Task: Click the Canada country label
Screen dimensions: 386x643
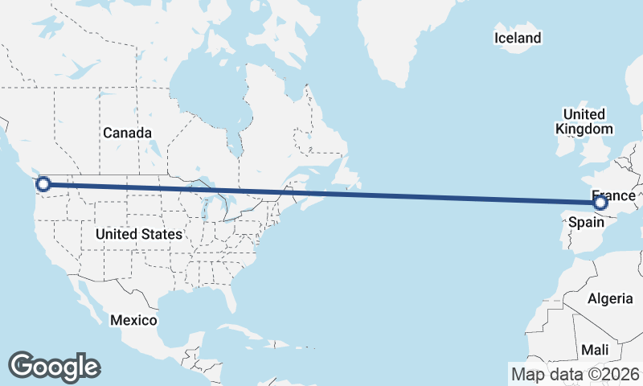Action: (x=127, y=133)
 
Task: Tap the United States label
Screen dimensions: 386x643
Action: (x=138, y=235)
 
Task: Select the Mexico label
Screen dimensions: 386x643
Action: (x=133, y=320)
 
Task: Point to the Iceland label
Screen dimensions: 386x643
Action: (x=518, y=38)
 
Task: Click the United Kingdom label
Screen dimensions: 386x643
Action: (x=584, y=121)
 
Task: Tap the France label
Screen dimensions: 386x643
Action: (x=614, y=195)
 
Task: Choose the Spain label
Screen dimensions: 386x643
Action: (x=586, y=223)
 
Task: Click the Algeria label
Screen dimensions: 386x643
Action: (x=610, y=299)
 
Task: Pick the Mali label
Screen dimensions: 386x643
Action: (x=596, y=351)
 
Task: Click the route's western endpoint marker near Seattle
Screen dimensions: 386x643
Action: (x=43, y=184)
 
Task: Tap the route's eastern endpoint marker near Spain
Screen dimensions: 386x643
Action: (x=600, y=203)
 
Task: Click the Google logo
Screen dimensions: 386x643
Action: (x=54, y=366)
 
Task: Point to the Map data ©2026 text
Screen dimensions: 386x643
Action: (x=575, y=374)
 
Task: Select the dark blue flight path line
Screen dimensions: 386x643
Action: (x=321, y=193)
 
